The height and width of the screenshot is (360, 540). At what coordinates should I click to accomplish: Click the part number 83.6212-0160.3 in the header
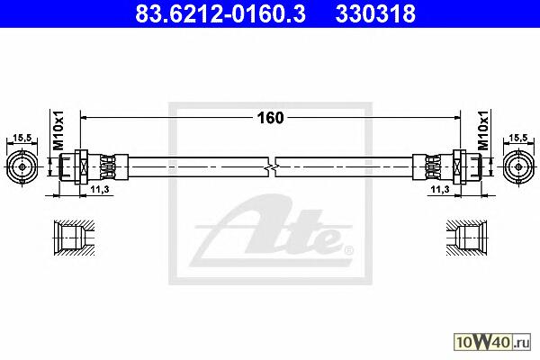(x=220, y=14)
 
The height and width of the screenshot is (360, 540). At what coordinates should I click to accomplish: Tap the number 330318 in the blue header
(x=375, y=14)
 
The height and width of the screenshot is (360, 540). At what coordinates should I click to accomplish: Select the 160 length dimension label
(x=270, y=118)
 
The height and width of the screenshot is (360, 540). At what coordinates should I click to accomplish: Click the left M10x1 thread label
(x=58, y=130)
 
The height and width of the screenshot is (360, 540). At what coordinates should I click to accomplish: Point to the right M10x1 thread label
(x=483, y=130)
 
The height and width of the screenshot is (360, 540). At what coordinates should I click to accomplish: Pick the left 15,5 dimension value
(x=22, y=138)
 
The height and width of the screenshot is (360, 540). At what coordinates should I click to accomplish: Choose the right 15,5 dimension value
(x=518, y=138)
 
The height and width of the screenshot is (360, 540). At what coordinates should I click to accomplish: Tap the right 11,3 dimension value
(x=440, y=189)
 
